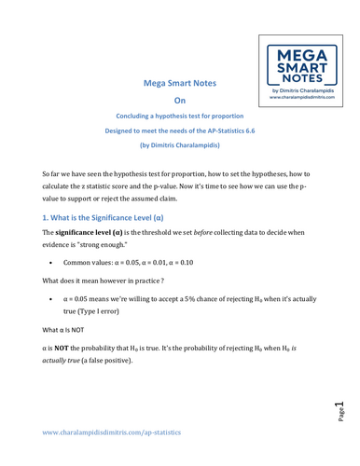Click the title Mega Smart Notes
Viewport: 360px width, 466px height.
180,84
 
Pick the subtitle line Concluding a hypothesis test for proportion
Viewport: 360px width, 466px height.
180,116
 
